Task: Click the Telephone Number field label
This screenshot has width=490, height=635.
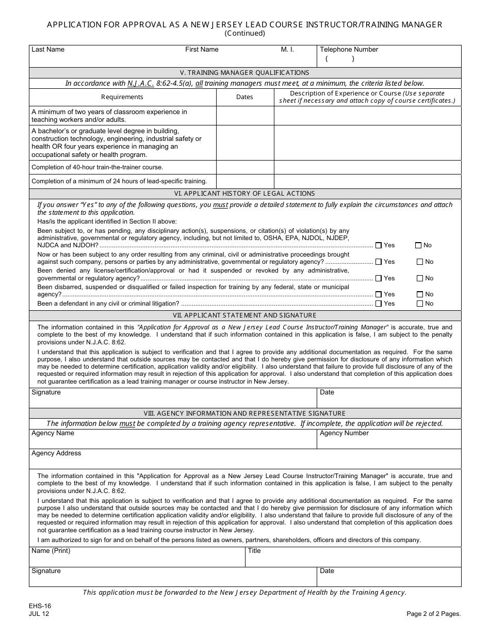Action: pos(349,50)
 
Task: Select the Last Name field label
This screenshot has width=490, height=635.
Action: pos(48,50)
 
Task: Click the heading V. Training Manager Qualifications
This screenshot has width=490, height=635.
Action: pos(244,73)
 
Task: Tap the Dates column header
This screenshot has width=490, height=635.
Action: pos(244,97)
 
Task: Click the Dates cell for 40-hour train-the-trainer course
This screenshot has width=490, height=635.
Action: pos(244,167)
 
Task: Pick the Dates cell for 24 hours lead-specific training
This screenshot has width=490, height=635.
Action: pos(244,181)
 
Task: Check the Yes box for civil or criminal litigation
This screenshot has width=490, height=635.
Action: pos(379,304)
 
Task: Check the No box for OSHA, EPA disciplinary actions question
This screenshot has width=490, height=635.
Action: pos(418,246)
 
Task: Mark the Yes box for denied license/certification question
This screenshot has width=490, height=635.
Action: pos(379,278)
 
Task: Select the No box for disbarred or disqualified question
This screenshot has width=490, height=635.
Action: pos(419,294)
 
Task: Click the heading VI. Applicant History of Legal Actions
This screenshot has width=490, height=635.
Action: pos(244,194)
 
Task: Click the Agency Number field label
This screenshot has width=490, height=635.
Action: pos(344,433)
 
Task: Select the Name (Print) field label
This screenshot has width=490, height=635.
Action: pos(51,551)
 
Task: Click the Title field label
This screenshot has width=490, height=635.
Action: pos(254,551)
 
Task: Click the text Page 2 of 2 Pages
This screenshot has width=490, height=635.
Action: pos(433,614)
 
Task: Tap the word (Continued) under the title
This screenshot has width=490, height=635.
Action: pos(244,34)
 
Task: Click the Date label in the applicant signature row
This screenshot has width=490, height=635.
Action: pos(327,392)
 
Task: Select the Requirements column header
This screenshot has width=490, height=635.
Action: pos(122,97)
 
